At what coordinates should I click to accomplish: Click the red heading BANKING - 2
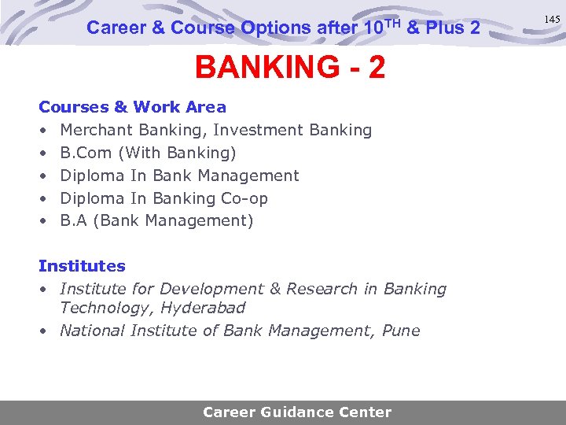click(290, 68)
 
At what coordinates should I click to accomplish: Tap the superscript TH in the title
click(392, 22)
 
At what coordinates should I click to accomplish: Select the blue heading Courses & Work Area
click(132, 107)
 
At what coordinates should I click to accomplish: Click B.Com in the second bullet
click(86, 153)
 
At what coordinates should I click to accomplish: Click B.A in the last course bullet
click(73, 221)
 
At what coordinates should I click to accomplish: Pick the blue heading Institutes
click(82, 266)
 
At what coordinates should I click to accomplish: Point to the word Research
click(322, 289)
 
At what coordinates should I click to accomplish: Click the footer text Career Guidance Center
click(297, 412)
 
